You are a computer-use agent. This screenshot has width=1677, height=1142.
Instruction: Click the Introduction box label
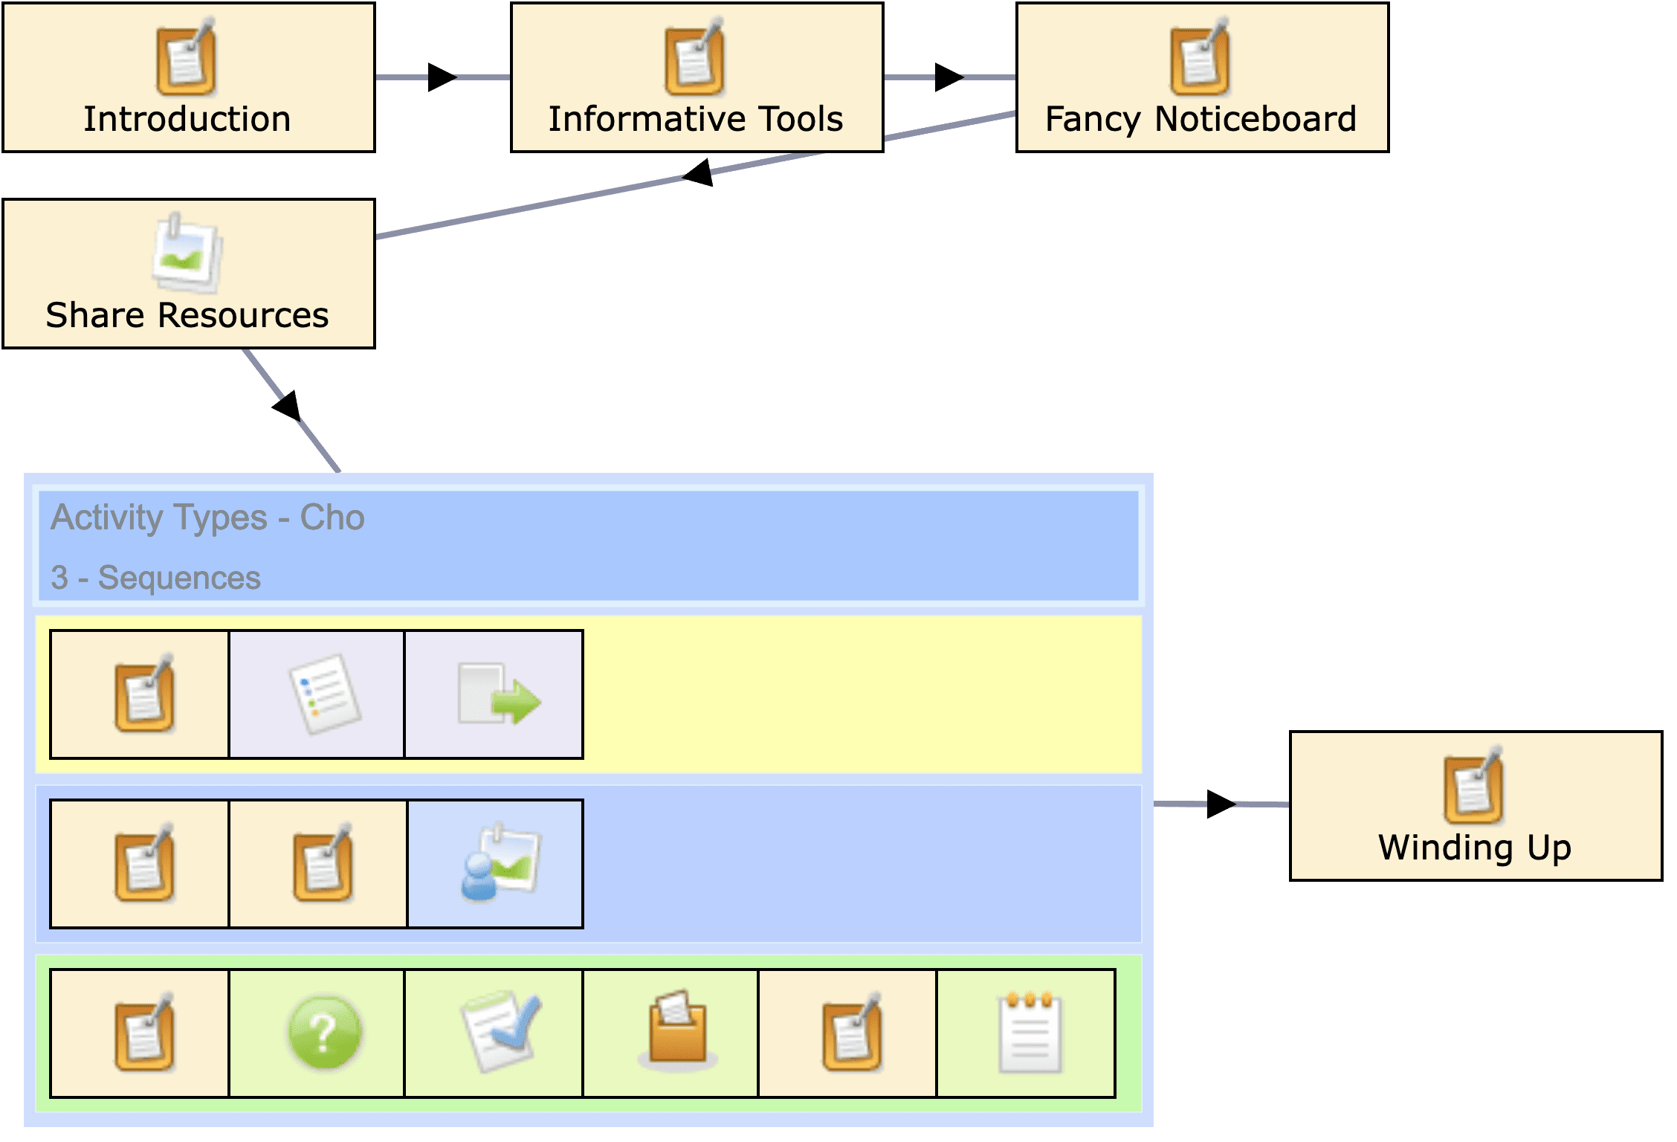tap(187, 120)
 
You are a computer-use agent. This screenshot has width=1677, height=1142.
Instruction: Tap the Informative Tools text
tap(696, 120)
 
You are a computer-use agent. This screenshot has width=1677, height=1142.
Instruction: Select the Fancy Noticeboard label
tap(1201, 120)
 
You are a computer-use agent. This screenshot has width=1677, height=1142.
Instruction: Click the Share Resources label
tap(187, 315)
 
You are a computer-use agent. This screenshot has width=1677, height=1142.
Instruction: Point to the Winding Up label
tap(1475, 848)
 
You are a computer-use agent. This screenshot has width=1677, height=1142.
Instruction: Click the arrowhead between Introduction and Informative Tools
tap(442, 77)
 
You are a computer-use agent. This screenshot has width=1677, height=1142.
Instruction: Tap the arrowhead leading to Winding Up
tap(1221, 804)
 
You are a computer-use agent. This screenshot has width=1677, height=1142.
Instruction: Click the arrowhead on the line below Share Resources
tap(288, 406)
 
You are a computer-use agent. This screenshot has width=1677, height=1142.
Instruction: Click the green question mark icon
tap(324, 1033)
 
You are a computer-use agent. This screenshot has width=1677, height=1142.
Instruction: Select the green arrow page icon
tap(498, 694)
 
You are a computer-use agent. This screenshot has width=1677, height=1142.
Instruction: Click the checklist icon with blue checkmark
tap(500, 1031)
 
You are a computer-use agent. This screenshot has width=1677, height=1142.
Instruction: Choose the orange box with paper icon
tap(676, 1030)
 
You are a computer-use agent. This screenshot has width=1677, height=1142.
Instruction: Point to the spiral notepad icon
tap(1030, 1033)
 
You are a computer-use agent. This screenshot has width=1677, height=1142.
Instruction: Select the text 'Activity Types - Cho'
tap(207, 517)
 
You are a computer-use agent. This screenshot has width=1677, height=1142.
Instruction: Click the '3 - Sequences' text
tap(155, 578)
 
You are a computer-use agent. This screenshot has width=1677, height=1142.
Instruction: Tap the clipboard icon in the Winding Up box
tap(1473, 787)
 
